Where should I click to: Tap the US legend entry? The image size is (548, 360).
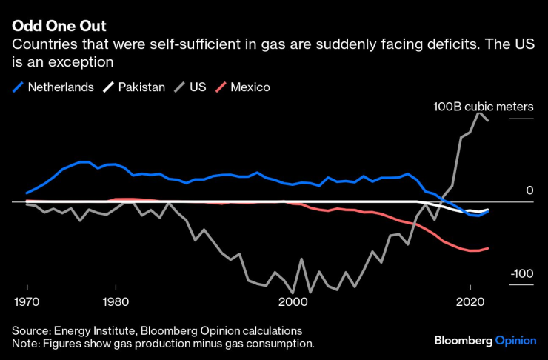[197, 87]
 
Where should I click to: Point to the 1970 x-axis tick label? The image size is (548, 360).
[27, 302]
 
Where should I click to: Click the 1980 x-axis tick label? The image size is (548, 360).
[116, 302]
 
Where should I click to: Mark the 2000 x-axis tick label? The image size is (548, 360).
[293, 302]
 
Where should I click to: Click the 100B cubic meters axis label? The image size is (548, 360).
[483, 106]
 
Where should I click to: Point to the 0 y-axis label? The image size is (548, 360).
[529, 190]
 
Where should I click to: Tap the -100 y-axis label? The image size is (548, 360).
[521, 274]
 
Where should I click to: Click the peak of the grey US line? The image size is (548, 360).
[480, 113]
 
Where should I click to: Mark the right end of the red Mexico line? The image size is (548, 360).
[487, 248]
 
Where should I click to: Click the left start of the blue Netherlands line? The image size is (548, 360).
[27, 193]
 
